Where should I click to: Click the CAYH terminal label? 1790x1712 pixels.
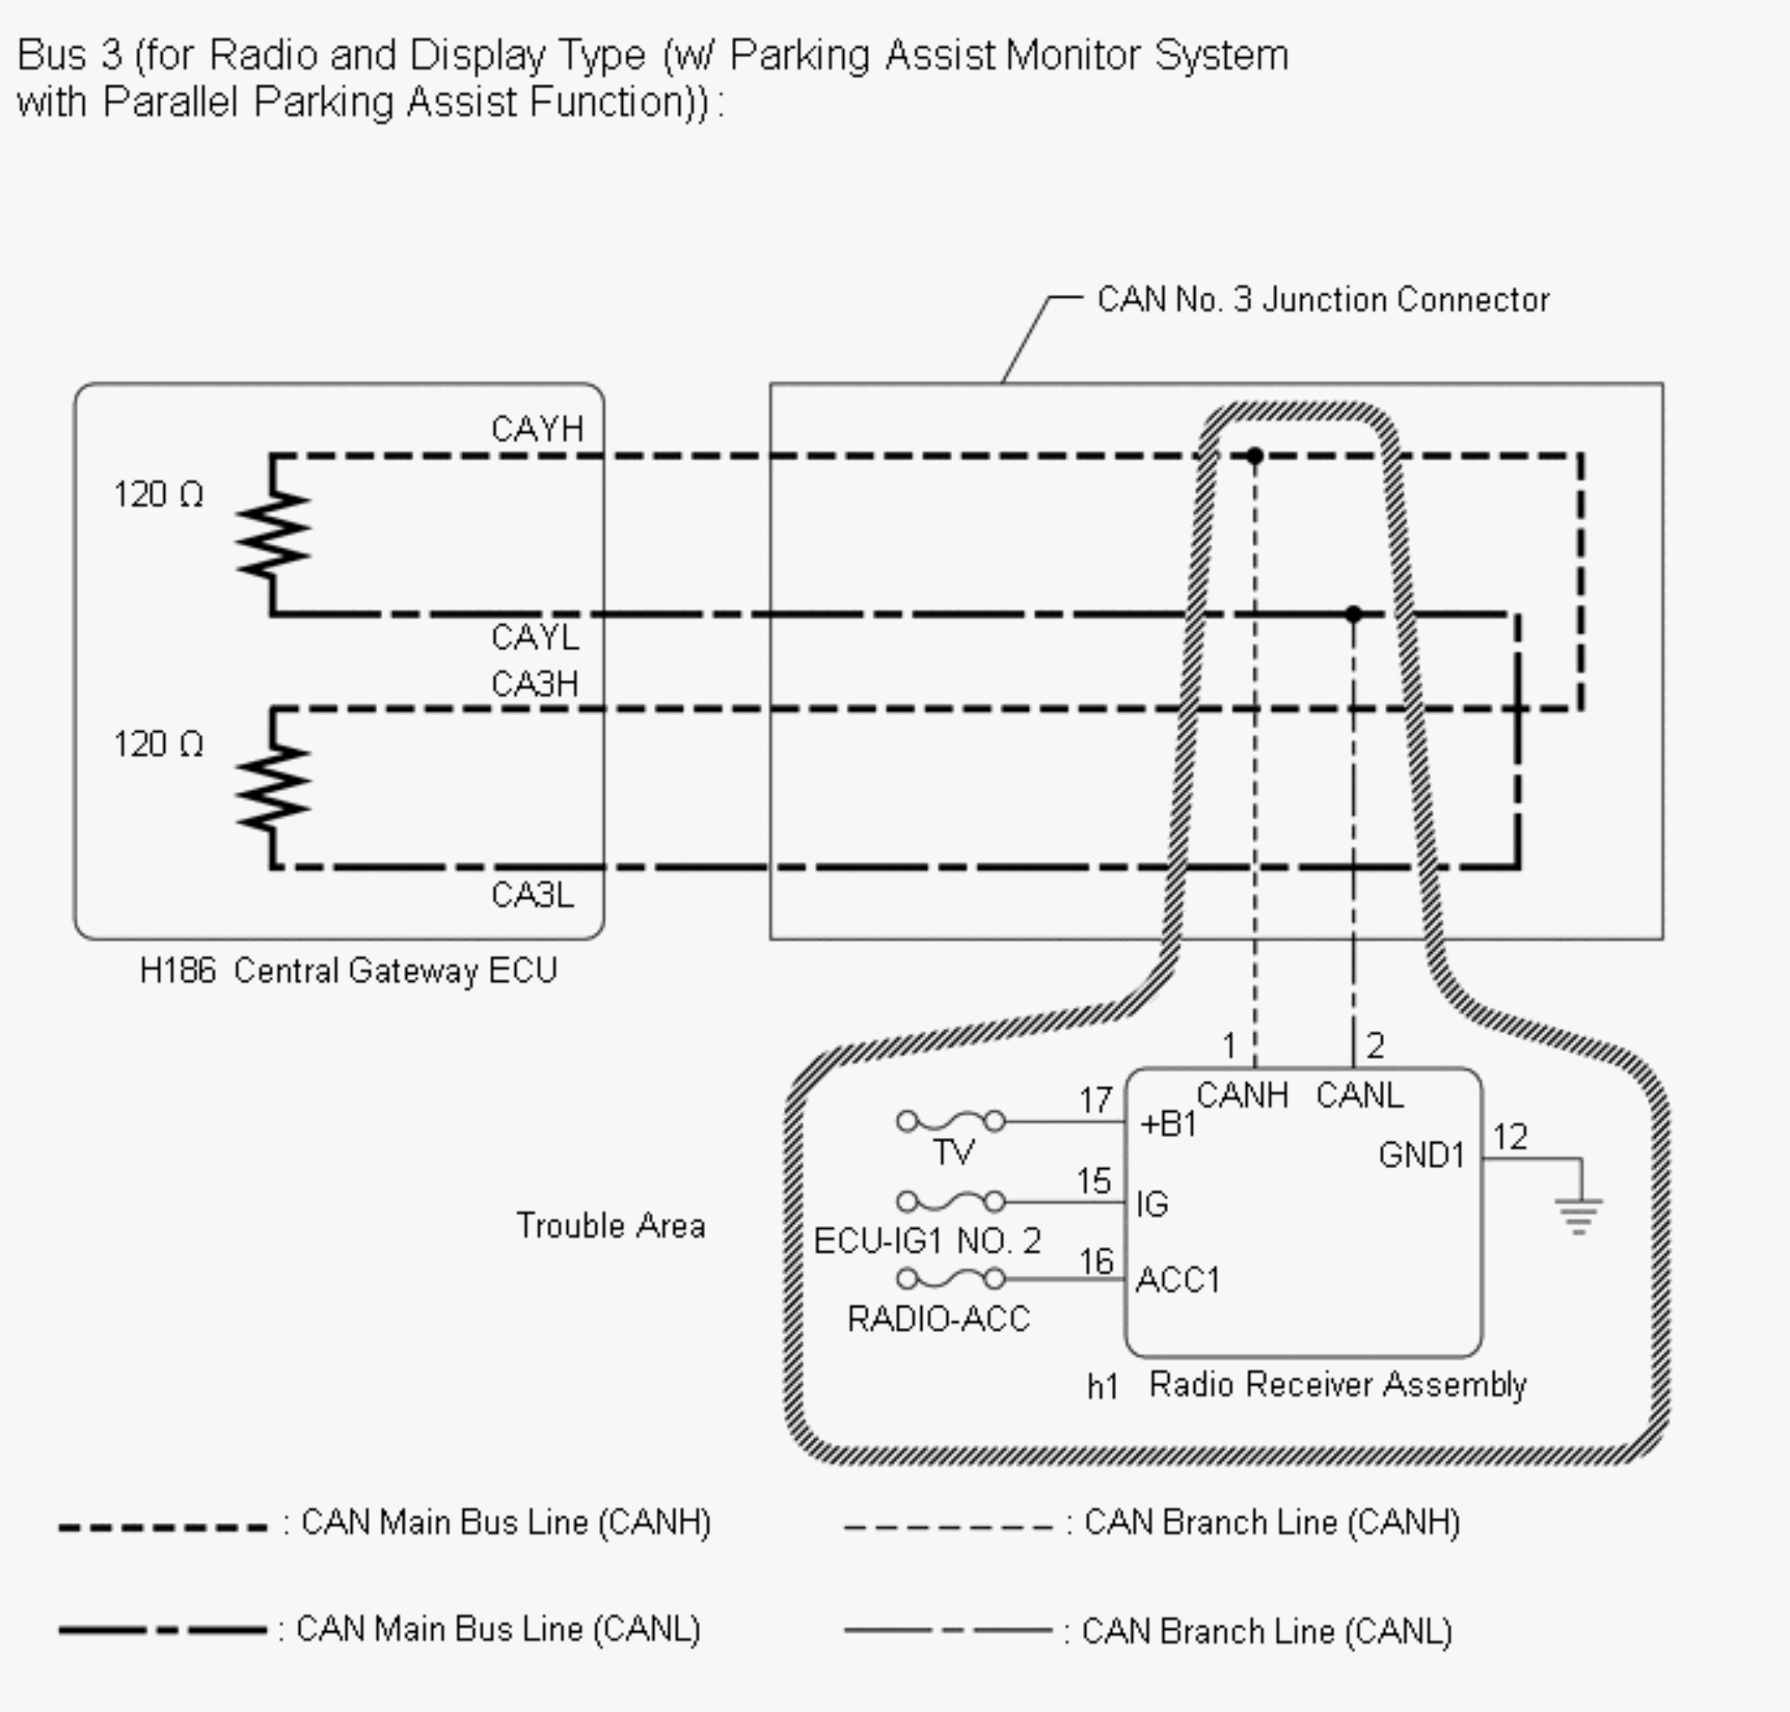[536, 429]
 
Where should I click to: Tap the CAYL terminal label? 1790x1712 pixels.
[534, 637]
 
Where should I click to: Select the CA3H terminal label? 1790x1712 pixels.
[534, 683]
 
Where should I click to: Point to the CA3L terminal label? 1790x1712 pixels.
[533, 894]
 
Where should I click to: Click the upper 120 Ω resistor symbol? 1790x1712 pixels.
[273, 535]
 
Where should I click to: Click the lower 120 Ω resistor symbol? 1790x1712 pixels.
[273, 788]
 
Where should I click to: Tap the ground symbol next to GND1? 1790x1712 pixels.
[1578, 1214]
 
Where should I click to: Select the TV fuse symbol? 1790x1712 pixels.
[950, 1121]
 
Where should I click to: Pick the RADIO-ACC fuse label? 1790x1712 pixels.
[938, 1319]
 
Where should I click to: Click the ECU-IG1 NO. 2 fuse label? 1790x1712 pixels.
[927, 1241]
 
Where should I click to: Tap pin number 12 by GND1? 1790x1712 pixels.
[1510, 1137]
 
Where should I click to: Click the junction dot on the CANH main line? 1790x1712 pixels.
[1256, 456]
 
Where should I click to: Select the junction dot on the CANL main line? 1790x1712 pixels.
[1354, 614]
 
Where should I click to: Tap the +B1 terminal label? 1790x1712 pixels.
[1168, 1125]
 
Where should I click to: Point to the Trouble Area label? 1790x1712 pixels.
[610, 1225]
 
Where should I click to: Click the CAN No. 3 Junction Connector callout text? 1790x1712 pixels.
[1323, 299]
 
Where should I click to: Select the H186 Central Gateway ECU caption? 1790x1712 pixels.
[348, 970]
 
